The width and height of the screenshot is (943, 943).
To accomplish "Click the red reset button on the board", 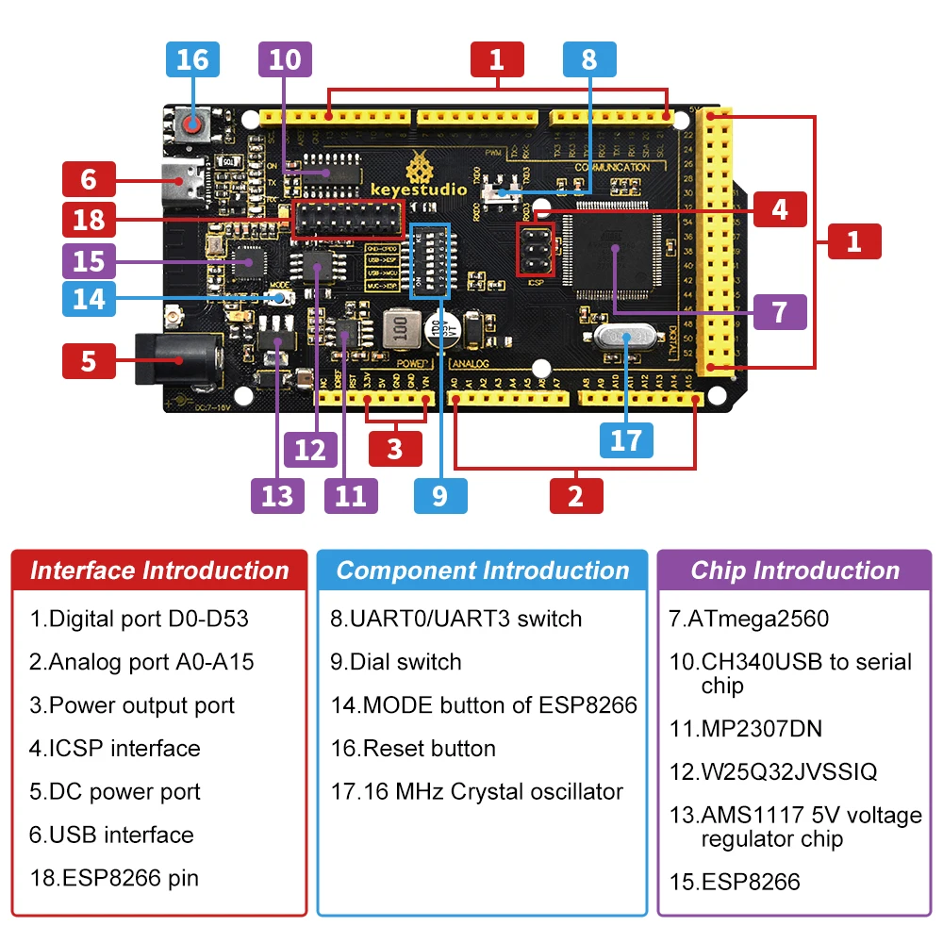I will [x=193, y=124].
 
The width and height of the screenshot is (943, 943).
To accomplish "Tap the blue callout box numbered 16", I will [x=192, y=59].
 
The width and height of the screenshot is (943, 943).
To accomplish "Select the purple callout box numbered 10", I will [x=285, y=59].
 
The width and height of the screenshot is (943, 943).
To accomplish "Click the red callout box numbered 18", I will [x=89, y=221].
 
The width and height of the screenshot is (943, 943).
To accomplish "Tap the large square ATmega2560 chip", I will [x=614, y=247].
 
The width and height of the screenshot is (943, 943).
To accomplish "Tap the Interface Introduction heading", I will [x=159, y=571].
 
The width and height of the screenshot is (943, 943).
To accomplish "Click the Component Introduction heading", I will [x=482, y=571].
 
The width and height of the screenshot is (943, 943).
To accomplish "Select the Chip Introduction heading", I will [x=795, y=571].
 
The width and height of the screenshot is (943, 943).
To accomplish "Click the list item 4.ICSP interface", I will [x=114, y=749].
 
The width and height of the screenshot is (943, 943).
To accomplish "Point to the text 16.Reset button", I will [x=413, y=749].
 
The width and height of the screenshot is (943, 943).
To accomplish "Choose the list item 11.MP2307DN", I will [x=745, y=728].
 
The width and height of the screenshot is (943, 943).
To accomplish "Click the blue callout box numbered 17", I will [x=626, y=439].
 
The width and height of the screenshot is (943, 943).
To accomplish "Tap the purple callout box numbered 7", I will [x=779, y=311].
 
